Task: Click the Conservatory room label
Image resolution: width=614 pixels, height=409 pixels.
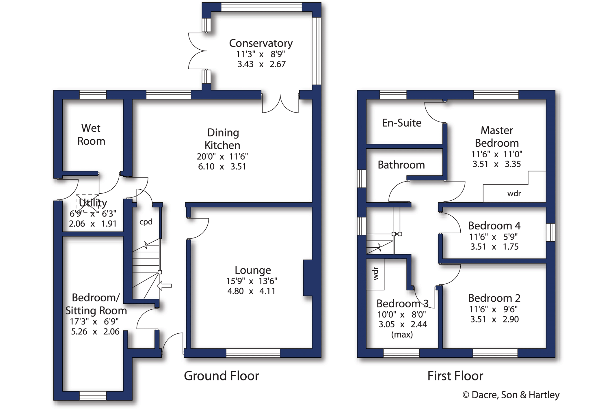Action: tap(261, 43)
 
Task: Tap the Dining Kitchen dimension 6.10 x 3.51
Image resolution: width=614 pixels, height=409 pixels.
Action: tap(222, 167)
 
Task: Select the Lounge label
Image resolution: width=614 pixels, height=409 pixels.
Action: tap(253, 270)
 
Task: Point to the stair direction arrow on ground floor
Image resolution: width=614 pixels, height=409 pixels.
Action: tap(164, 285)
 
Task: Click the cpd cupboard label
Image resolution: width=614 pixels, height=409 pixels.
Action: tap(146, 222)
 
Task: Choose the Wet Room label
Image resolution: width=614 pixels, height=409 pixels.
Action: tap(91, 135)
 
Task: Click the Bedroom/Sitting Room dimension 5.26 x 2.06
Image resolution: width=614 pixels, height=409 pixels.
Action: tap(95, 332)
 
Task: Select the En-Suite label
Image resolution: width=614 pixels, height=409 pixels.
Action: tap(401, 123)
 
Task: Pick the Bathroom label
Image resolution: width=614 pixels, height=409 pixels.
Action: tap(401, 165)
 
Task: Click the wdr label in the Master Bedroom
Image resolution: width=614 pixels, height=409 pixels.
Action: tap(514, 193)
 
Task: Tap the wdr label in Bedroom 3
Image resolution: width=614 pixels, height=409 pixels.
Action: tap(375, 274)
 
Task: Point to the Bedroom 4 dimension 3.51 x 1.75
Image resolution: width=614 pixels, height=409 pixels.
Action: tap(494, 247)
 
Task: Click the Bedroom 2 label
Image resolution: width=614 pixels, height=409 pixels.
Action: tap(494, 298)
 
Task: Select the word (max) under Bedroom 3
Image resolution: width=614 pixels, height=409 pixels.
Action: tap(402, 335)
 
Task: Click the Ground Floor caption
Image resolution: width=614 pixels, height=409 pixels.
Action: tap(222, 376)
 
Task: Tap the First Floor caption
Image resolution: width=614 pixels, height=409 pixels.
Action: tap(455, 376)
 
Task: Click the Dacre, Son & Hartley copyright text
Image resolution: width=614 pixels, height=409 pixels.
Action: tap(511, 395)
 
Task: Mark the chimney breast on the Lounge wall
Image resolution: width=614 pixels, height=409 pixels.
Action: tap(308, 278)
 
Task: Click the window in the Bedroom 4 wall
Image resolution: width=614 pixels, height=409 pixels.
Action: tap(551, 232)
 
